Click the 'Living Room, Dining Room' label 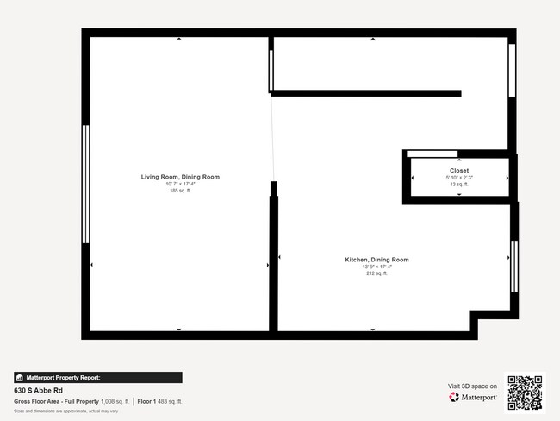[180, 177]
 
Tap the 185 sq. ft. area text [180, 190]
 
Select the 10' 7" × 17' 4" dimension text [180, 184]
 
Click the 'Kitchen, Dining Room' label [376, 260]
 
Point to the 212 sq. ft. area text [376, 273]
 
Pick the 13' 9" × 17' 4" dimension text [376, 267]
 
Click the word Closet [458, 171]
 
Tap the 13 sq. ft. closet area [458, 185]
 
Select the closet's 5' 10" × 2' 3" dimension [458, 178]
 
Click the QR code [525, 392]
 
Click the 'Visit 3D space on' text [472, 386]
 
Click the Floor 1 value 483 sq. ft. [170, 401]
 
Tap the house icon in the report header [19, 378]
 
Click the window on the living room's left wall [85, 184]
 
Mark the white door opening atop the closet [432, 154]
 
